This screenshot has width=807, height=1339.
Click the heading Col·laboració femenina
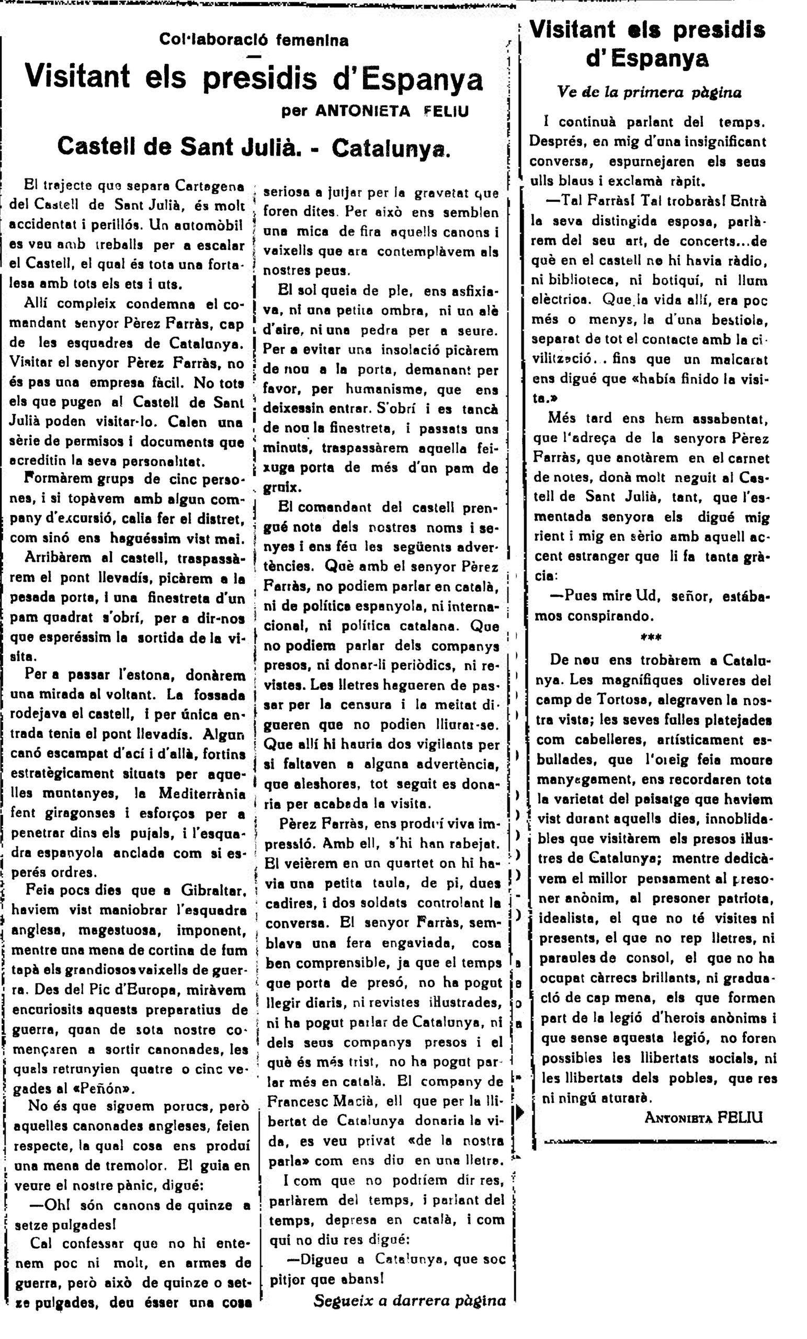click(254, 40)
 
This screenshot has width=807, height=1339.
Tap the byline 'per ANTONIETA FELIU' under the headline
click(374, 111)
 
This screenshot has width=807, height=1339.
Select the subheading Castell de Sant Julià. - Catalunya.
click(254, 145)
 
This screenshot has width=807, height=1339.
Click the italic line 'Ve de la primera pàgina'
click(649, 93)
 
